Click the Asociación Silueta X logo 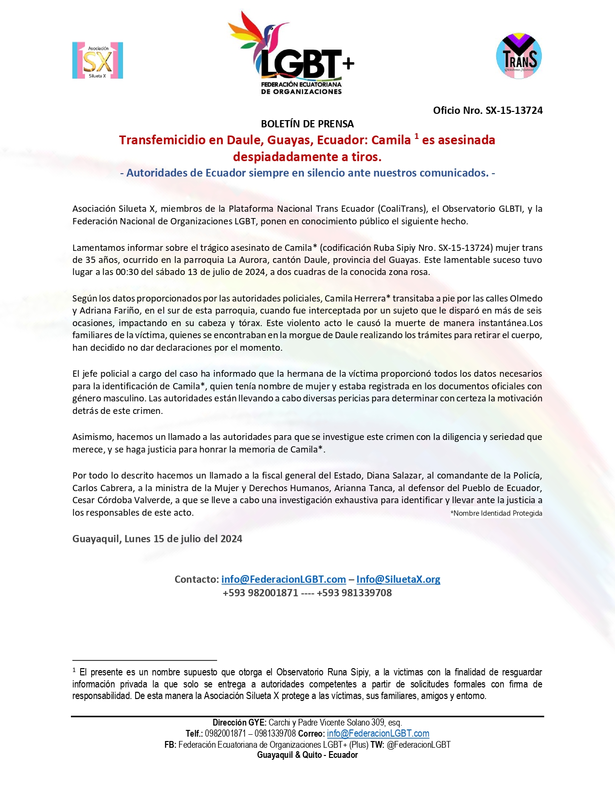point(97,60)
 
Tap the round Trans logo point(519,56)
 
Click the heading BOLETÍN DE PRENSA point(307,124)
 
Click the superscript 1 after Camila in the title point(416,137)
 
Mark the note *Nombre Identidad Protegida point(496,513)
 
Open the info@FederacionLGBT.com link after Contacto point(284,579)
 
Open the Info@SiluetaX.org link point(398,579)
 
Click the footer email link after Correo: point(378,734)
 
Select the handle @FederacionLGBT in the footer point(418,745)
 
